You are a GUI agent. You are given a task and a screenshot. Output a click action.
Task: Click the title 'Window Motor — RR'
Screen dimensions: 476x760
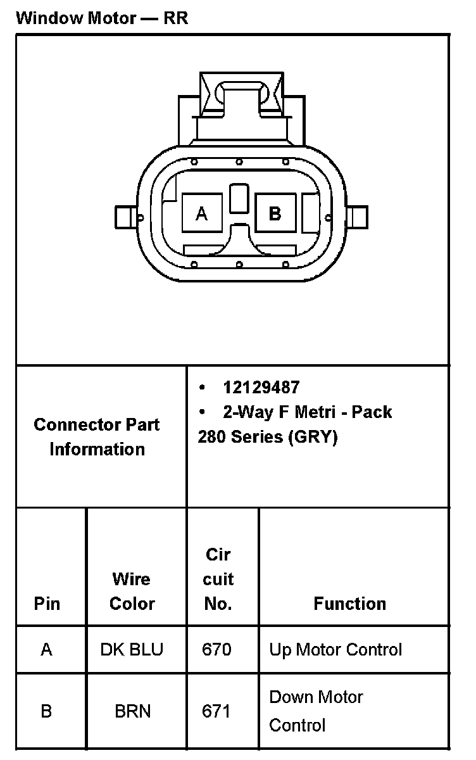102,18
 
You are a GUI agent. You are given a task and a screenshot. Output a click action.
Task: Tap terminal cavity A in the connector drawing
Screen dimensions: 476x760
202,213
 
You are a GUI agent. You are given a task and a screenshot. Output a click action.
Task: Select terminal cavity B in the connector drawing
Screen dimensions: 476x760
275,213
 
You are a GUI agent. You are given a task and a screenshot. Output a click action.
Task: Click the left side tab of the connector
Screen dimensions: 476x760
126,217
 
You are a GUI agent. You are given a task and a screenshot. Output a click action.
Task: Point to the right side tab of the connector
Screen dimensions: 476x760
357,217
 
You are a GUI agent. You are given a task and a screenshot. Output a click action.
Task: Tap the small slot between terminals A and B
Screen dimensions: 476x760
239,198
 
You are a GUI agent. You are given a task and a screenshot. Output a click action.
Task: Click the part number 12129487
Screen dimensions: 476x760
261,387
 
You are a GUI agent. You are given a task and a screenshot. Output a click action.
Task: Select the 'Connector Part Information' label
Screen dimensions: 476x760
97,436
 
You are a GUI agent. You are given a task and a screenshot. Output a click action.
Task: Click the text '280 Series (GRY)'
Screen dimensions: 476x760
268,436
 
